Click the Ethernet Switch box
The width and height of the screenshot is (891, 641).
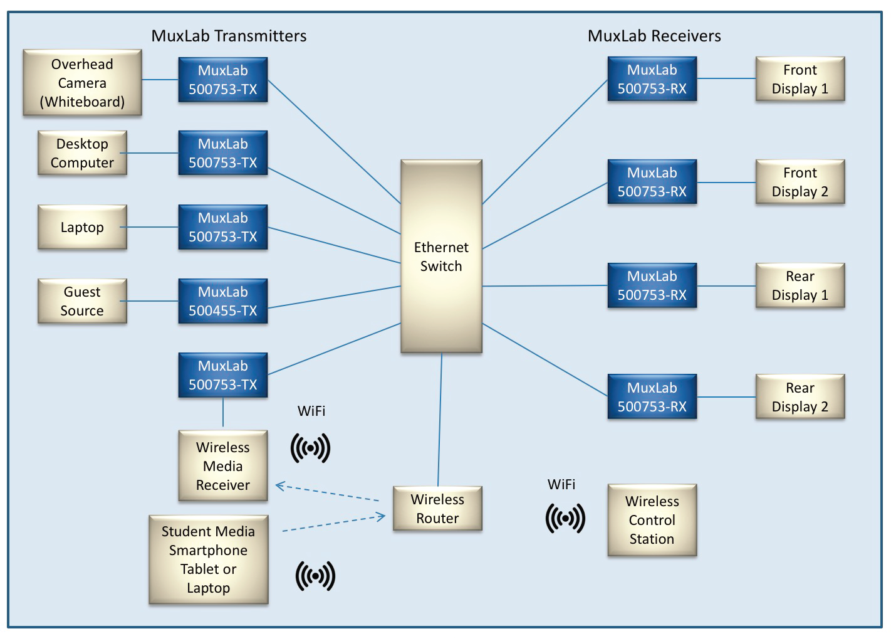click(441, 257)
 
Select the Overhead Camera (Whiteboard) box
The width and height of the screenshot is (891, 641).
click(82, 83)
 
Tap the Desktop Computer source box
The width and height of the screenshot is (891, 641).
click(82, 153)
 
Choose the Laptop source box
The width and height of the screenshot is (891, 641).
click(82, 227)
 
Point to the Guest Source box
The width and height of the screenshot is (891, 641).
click(82, 301)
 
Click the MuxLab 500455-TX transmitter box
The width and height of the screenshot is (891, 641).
click(223, 301)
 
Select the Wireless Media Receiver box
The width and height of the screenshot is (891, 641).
click(223, 466)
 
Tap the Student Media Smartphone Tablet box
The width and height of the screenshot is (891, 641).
click(208, 559)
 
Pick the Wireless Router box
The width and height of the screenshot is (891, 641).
click(437, 509)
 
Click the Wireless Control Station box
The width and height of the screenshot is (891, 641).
click(652, 520)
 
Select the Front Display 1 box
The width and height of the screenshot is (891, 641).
click(800, 79)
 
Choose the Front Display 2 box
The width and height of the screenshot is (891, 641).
click(800, 182)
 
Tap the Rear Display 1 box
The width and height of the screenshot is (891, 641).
click(800, 285)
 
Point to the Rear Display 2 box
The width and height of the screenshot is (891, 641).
click(800, 397)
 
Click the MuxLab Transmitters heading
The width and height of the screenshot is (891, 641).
click(229, 36)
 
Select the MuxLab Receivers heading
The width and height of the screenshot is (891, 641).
click(654, 36)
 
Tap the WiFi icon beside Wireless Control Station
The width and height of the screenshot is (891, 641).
click(565, 518)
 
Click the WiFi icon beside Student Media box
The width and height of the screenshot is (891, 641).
click(315, 576)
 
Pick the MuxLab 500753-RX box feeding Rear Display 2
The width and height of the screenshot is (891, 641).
click(652, 397)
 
